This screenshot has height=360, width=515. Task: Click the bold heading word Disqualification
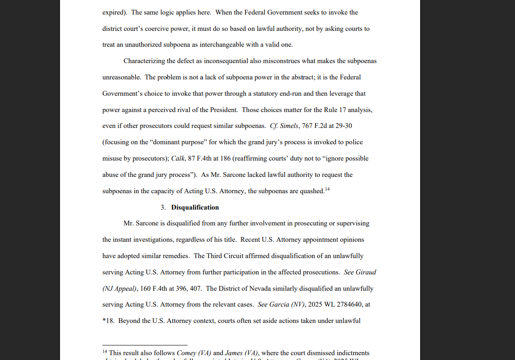pos(195,207)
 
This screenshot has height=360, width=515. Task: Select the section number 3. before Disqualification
pos(163,207)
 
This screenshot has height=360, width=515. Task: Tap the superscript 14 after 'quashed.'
pos(327,190)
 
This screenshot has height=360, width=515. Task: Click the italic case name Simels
pos(289,126)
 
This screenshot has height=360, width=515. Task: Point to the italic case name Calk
pos(178,158)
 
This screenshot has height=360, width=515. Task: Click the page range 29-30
pos(344,126)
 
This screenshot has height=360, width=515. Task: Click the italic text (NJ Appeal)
pos(119,289)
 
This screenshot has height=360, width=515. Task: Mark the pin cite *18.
pos(108,321)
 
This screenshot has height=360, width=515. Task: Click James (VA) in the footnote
pos(241,353)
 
